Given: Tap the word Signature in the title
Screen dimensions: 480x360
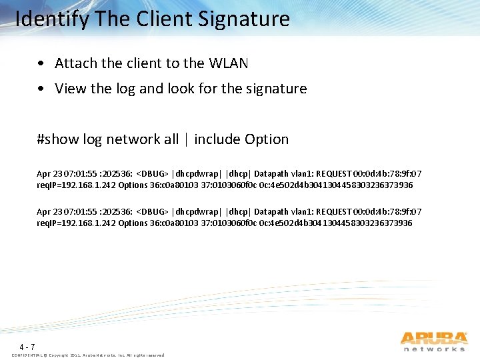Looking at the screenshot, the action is coord(244,19).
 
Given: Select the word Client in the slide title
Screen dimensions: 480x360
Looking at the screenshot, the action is coord(159,19).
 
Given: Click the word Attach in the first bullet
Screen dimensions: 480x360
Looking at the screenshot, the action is coord(75,63).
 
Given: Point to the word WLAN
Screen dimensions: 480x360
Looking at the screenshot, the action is coord(228,63).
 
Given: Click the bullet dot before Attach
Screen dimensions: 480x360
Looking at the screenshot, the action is coord(42,64).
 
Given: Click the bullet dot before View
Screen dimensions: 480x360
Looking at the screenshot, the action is coord(42,89).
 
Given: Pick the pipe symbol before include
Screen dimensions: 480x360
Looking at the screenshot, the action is coord(187,139).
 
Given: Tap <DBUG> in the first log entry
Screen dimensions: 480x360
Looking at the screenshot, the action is coord(153,173).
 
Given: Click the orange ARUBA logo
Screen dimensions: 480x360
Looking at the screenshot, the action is coord(433,338).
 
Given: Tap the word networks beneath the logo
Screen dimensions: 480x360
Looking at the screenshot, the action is coord(434,349).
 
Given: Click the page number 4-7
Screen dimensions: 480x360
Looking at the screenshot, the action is coord(27,347).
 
